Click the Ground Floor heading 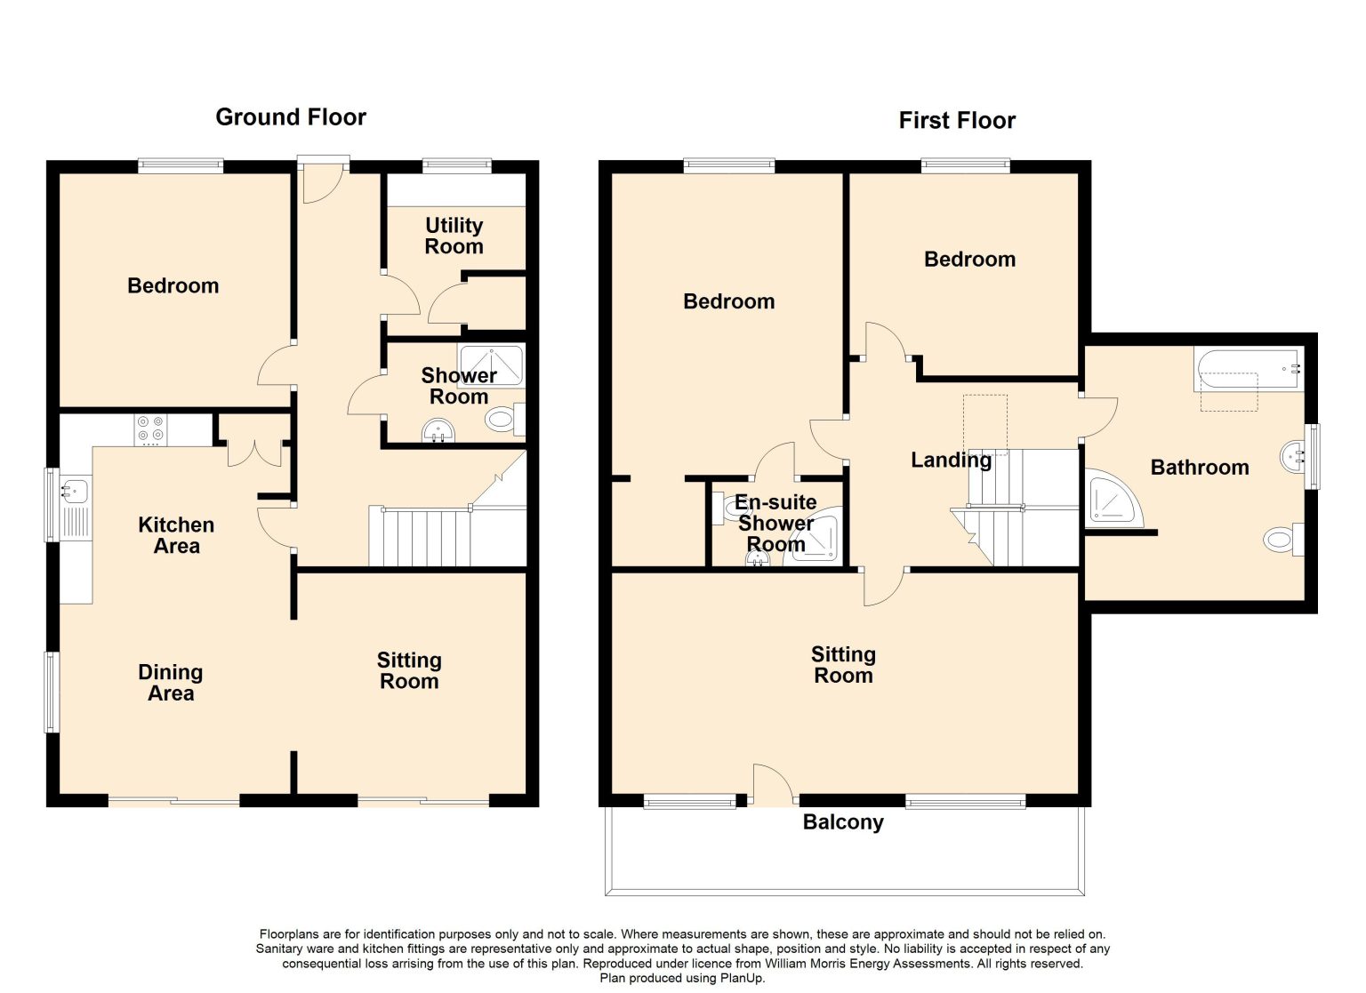point(291,117)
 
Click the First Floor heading point(957,121)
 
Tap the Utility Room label point(454,236)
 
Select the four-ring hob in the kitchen point(150,428)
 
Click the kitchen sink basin point(75,491)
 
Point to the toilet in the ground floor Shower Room point(505,420)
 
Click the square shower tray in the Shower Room point(492,365)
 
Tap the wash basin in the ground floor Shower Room point(438,429)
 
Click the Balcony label point(843,822)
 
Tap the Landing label point(951,460)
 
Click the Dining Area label point(171,683)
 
